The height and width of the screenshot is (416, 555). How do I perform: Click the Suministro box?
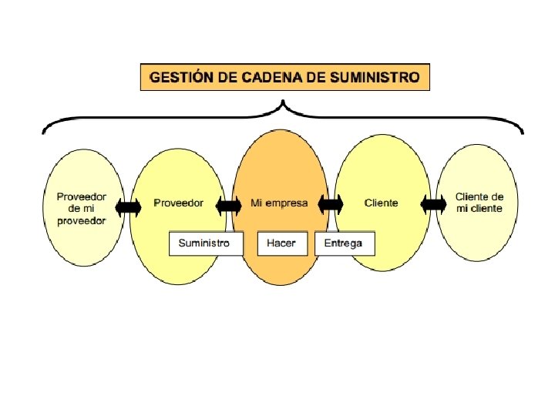(x=205, y=243)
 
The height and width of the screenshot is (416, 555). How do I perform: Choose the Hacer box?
(x=281, y=243)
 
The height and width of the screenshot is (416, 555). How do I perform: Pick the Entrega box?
(x=344, y=243)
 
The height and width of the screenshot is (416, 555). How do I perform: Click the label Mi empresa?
(x=279, y=203)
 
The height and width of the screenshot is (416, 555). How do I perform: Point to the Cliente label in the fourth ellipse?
(x=382, y=203)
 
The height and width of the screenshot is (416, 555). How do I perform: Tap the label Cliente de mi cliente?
(x=479, y=203)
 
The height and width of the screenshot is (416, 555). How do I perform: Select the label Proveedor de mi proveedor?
(x=81, y=208)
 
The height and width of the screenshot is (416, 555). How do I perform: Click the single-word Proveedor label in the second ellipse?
(x=179, y=203)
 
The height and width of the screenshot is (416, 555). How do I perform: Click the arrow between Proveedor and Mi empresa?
(x=229, y=206)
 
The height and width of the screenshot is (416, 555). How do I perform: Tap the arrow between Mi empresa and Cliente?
(x=331, y=204)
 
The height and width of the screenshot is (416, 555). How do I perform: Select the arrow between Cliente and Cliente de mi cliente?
(x=434, y=204)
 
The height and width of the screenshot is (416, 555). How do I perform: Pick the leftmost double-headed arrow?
(x=128, y=206)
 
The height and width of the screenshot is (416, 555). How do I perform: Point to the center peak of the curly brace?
(x=284, y=102)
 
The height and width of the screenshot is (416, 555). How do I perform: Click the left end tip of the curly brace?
(x=43, y=133)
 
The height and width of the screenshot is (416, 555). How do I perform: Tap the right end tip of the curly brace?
(x=523, y=133)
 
